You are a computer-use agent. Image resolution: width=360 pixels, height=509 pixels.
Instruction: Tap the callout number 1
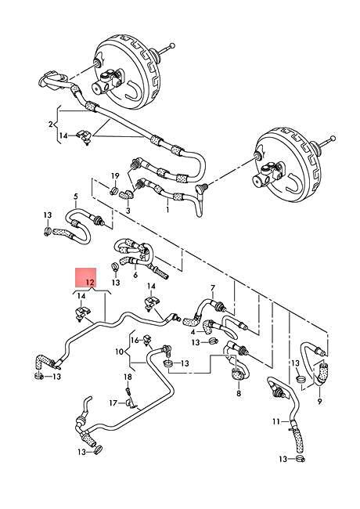pyautogui.click(x=167, y=210)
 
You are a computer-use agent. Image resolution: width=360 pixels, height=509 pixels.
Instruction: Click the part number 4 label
pyautogui.click(x=76, y=197)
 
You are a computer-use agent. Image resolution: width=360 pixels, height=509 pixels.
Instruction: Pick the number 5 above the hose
pyautogui.click(x=135, y=276)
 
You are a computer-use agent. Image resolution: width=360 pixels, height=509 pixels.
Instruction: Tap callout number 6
pyautogui.click(x=211, y=288)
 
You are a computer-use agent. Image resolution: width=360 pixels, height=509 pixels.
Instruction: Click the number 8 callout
pyautogui.click(x=319, y=402)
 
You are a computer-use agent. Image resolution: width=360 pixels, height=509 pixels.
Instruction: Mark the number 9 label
pyautogui.click(x=119, y=352)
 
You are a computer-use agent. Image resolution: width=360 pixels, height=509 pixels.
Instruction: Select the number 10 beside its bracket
pyautogui.click(x=275, y=422)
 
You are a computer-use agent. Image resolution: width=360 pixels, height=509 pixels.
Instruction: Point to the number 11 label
pyautogui.click(x=135, y=341)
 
